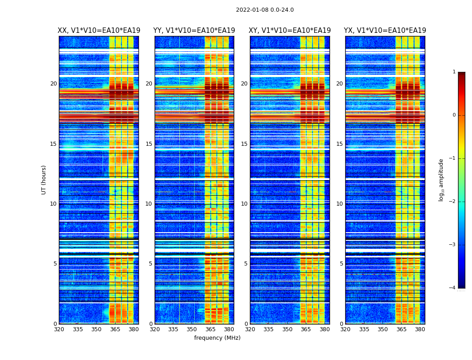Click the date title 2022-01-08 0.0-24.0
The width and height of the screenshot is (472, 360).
pos(265,10)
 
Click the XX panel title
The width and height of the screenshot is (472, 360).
pos(99,31)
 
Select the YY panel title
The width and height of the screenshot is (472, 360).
pos(194,31)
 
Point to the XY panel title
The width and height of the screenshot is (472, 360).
pos(290,31)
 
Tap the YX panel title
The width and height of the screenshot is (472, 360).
pos(385,31)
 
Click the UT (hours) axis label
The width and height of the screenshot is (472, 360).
pos(44,180)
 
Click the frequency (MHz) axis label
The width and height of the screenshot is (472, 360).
pos(217,338)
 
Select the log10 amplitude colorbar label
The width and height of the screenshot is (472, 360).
pos(441,180)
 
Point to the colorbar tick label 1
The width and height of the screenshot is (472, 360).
pos(454,72)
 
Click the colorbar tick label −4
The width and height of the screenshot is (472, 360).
pos(453,288)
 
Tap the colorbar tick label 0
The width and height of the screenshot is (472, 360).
pos(454,115)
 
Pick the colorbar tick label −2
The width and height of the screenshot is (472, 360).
pos(453,202)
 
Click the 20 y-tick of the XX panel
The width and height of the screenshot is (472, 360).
pos(53,84)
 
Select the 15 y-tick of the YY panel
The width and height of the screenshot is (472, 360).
pos(149,144)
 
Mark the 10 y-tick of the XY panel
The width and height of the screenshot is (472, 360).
pos(244,204)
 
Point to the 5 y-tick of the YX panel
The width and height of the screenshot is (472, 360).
pos(341,264)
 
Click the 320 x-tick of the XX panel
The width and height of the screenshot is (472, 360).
pos(59,329)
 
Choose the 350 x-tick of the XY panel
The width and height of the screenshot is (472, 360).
pos(287,329)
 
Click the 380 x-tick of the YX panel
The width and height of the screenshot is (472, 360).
pos(420,329)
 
